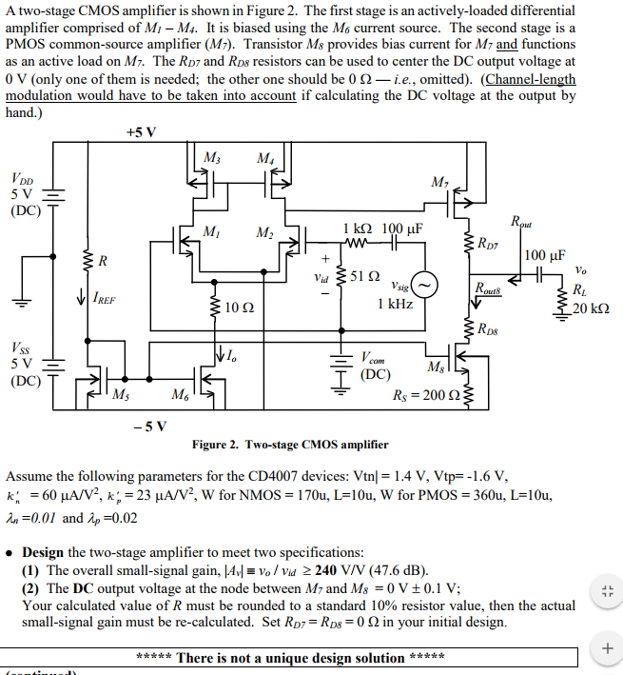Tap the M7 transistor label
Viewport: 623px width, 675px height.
coord(439,182)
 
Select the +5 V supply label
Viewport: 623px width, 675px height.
coord(141,131)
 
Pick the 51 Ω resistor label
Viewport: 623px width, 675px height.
coord(365,277)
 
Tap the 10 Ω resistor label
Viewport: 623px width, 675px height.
coord(240,308)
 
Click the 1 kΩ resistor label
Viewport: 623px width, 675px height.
coord(357,229)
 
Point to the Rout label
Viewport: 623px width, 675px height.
coord(521,223)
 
